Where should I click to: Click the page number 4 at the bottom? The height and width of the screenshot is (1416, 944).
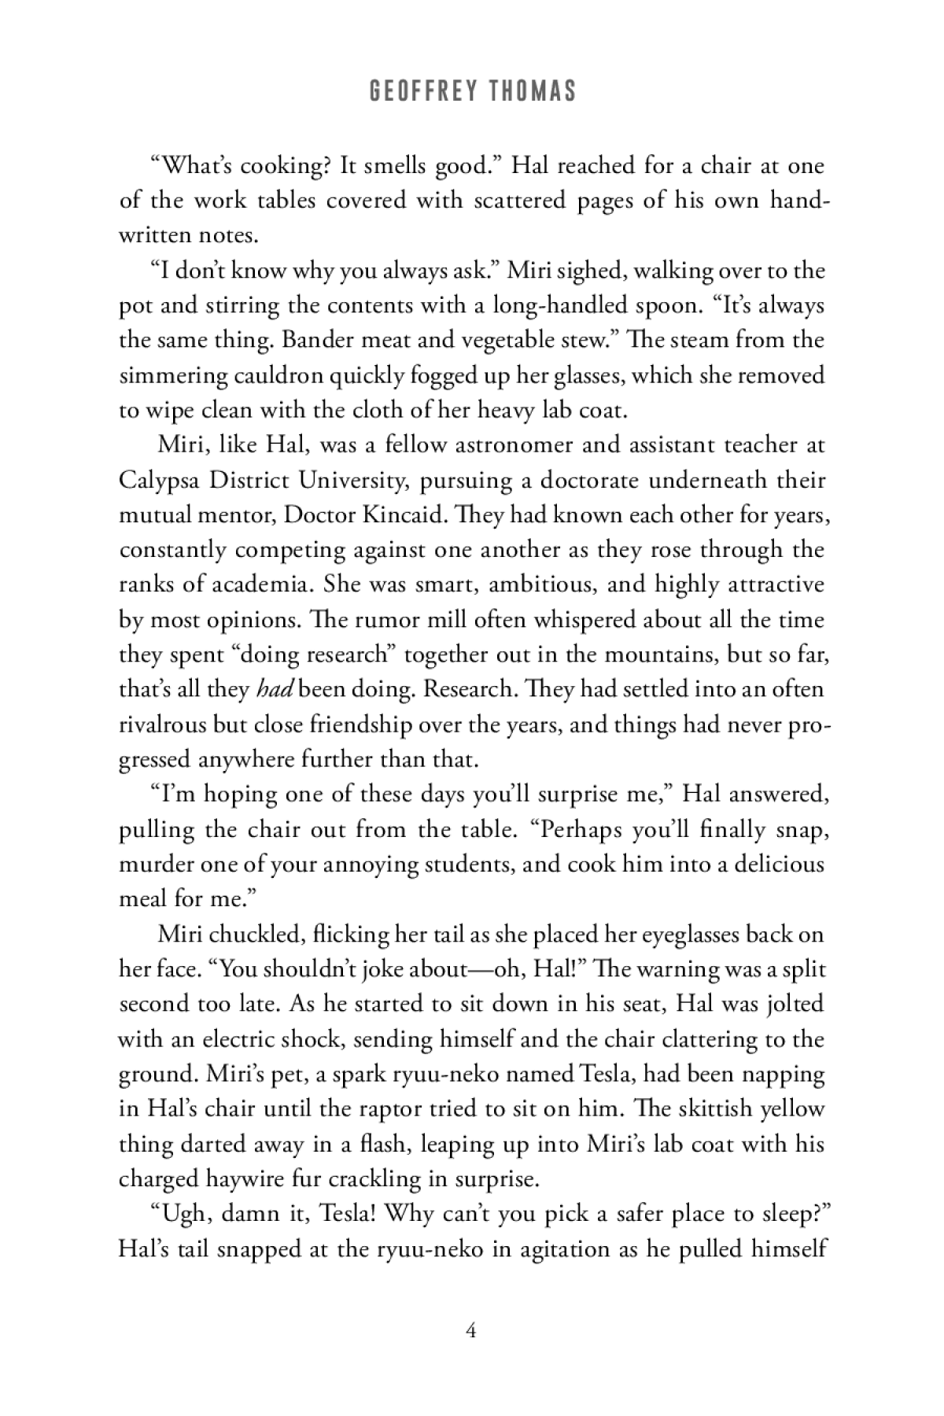(471, 1331)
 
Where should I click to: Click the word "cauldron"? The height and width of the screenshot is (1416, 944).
(279, 375)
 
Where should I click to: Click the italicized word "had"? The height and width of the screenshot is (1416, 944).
(275, 689)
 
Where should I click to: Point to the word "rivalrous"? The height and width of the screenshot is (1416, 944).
(162, 724)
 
